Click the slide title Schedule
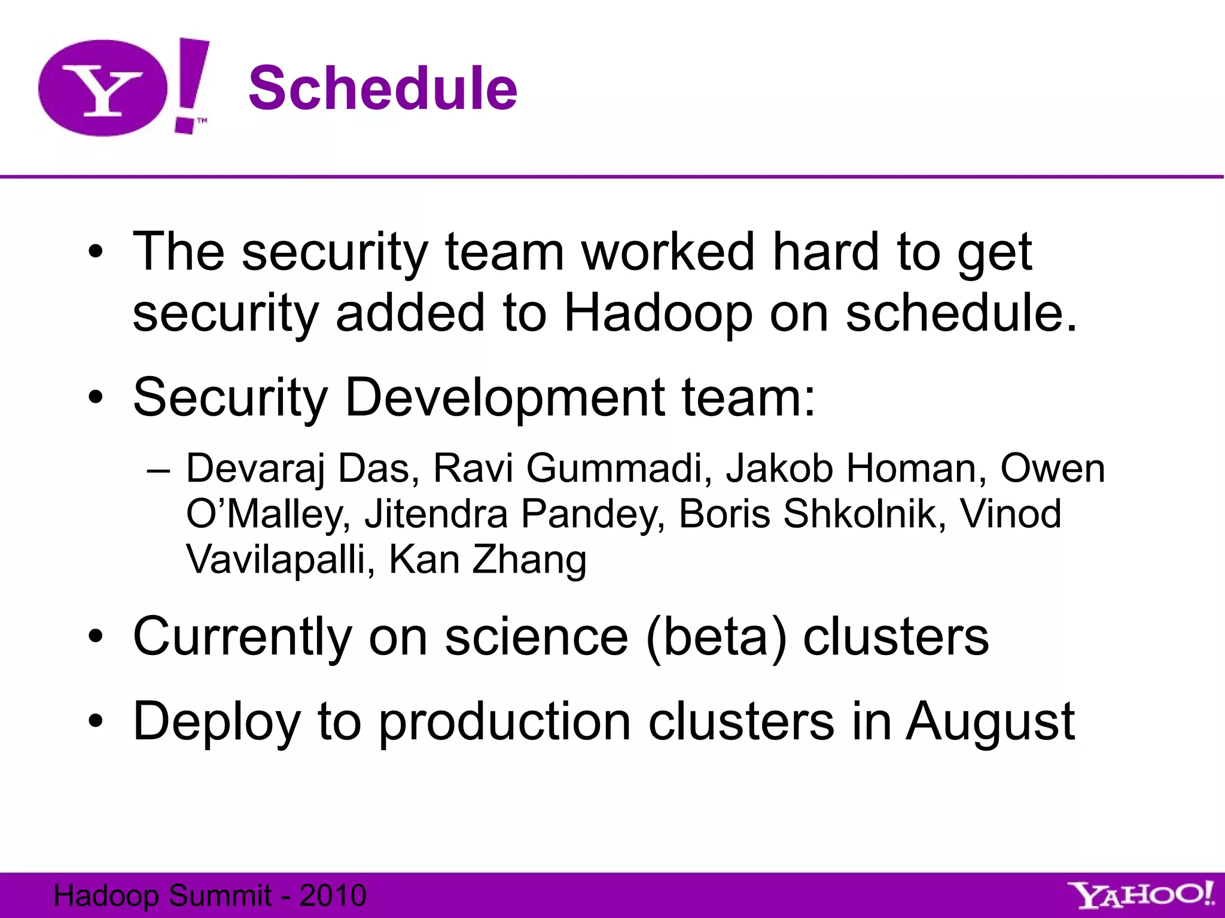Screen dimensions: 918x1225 (x=383, y=88)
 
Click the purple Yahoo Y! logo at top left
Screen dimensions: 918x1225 (x=123, y=87)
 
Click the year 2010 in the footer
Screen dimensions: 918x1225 (x=333, y=895)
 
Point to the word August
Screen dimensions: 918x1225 (x=990, y=722)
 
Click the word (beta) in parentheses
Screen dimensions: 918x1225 (x=716, y=637)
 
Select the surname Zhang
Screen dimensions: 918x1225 (x=529, y=560)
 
